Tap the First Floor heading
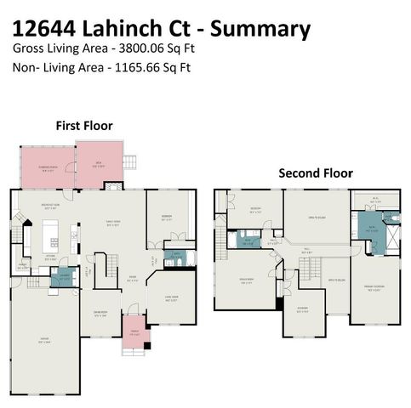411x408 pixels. click(84, 126)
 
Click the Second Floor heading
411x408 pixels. click(316, 173)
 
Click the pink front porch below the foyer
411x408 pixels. click(133, 332)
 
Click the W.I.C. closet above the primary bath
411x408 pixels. click(377, 201)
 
